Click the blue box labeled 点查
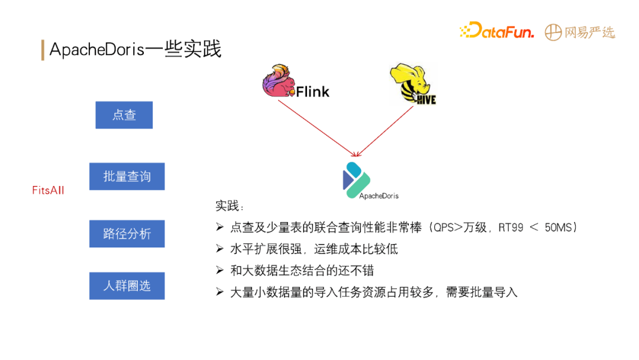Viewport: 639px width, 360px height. coord(124,115)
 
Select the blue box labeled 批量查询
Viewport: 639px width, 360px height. coord(127,176)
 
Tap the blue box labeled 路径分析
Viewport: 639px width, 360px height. coord(127,234)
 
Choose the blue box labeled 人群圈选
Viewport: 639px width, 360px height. coord(127,285)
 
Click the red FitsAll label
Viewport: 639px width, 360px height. coord(48,191)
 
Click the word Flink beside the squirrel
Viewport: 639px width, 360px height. coord(312,91)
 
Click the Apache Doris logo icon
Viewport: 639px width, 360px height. coord(356,176)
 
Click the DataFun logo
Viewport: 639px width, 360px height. coord(496,31)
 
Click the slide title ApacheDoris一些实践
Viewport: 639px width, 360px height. coord(135,50)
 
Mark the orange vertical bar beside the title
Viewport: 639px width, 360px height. coord(43,50)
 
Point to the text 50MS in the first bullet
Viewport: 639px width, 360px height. coord(559,227)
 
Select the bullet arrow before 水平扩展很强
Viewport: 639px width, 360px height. coord(220,249)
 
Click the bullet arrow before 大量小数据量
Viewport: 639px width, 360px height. coord(220,292)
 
